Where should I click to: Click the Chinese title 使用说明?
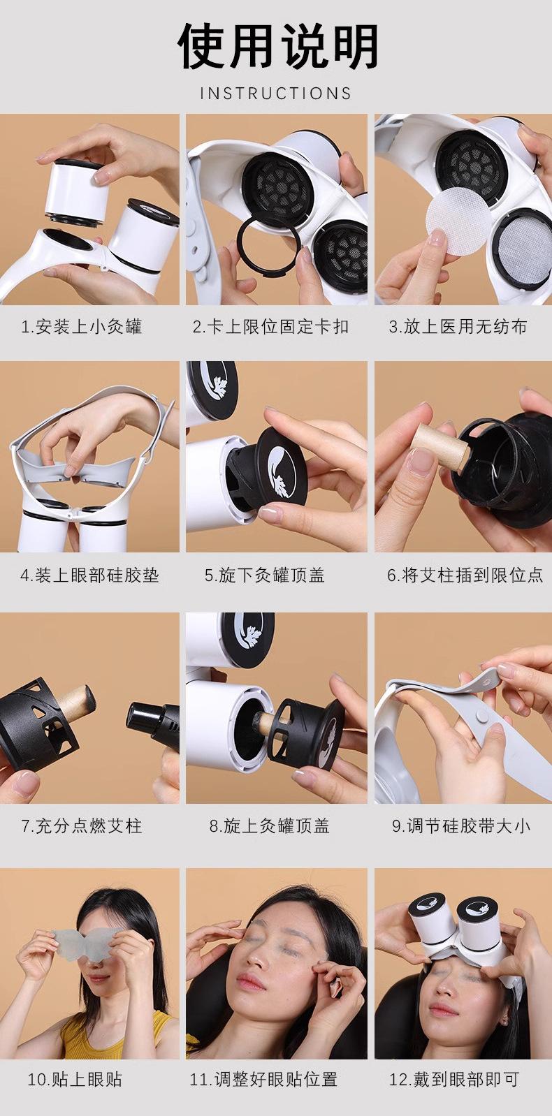(x=277, y=46)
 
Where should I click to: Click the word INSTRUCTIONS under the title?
(x=276, y=93)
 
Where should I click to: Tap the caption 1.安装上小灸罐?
(x=81, y=327)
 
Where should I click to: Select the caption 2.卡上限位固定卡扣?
(x=271, y=327)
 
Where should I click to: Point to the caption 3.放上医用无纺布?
(x=458, y=327)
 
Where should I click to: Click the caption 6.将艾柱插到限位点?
(x=465, y=575)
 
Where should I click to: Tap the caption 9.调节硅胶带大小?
(x=460, y=826)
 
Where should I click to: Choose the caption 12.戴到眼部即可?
(x=454, y=1079)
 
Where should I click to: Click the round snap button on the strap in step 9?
(x=481, y=717)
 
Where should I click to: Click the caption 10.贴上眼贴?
(x=75, y=1079)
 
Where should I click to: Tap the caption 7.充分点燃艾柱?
(x=81, y=826)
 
